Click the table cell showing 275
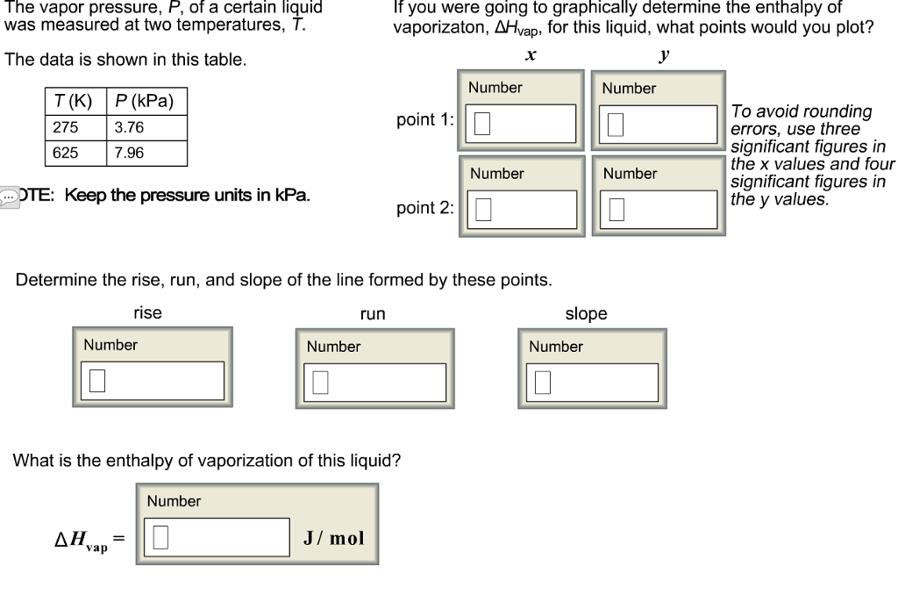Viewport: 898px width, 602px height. coord(76,128)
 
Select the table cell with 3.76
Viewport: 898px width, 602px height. coord(146,128)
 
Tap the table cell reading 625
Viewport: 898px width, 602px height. coord(76,153)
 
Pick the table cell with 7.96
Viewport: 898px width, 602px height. coord(146,153)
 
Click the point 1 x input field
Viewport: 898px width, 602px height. coord(521,123)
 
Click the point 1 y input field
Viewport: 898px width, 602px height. coord(658,125)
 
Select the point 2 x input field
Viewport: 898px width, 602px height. coord(522,210)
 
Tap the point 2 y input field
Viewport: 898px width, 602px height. coord(659,210)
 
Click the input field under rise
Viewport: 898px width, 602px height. coord(153,381)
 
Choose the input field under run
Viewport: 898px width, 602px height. coord(374,383)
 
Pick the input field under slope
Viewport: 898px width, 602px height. coord(592,383)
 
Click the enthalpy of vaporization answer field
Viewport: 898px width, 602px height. coord(217,537)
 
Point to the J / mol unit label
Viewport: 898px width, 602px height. coord(334,538)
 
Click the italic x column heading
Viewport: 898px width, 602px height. coord(531,55)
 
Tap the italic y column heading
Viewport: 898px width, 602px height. coord(665,55)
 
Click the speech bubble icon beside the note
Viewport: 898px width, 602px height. coord(9,197)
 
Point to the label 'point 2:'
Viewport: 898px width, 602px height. coord(425,208)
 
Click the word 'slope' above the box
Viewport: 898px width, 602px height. coord(586,313)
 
